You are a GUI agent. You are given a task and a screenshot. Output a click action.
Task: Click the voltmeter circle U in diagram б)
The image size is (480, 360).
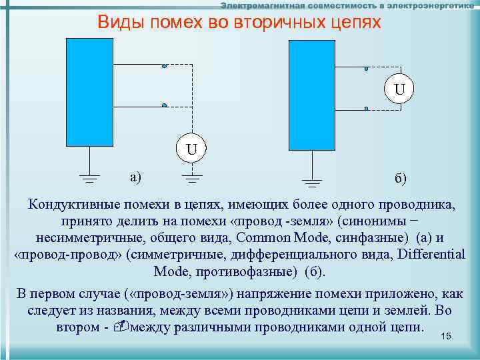coord(399,89)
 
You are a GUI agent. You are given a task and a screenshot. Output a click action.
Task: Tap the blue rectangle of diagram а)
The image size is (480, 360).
coord(91,91)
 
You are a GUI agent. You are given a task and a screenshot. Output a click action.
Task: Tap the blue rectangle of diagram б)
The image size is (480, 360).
coord(311,95)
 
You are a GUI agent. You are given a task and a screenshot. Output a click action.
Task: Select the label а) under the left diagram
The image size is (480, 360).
coord(136,177)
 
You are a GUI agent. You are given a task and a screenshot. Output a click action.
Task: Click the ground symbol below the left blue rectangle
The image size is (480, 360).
coord(89,177)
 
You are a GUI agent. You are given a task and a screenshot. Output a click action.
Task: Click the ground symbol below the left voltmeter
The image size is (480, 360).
coord(191,177)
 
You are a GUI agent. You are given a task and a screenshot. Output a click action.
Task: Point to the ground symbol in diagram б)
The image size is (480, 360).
coord(311,181)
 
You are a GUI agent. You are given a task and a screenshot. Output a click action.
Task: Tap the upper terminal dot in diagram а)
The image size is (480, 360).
coord(164,65)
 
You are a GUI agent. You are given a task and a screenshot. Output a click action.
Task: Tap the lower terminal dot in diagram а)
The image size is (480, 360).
coord(164,105)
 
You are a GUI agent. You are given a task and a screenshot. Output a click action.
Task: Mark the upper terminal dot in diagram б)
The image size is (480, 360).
coord(367,69)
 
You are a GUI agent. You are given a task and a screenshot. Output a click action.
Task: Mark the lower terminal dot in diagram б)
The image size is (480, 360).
coord(367,109)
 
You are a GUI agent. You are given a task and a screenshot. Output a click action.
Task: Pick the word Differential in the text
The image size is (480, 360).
coord(431,255)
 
